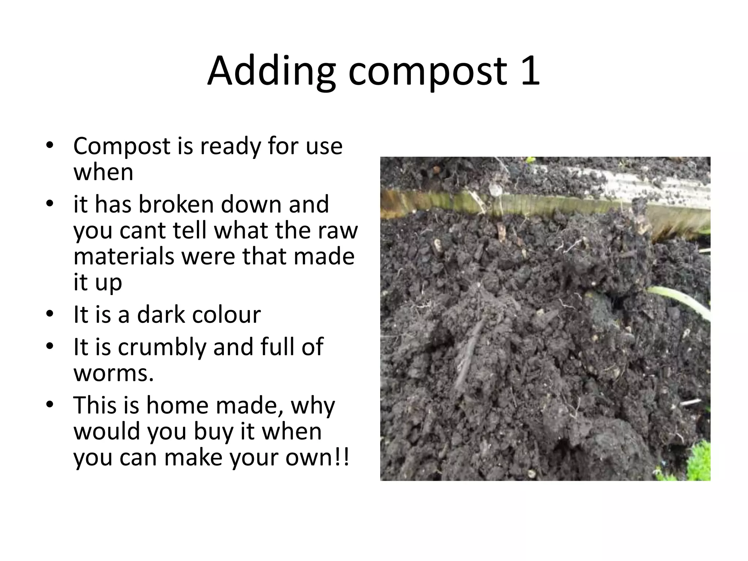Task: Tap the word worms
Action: pyautogui.click(x=113, y=373)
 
